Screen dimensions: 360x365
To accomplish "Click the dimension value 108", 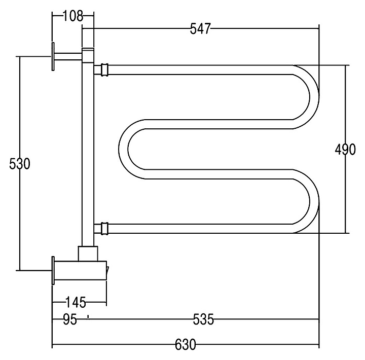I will pos(73,16).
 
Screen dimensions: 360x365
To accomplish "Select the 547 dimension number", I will pos(200,29).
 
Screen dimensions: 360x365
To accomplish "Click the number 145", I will pos(76,303).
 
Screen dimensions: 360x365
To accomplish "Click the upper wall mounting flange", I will pos(53,57).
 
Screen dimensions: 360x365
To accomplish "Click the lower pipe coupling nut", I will pos(104,229).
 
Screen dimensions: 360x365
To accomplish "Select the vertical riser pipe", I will pos(87,152).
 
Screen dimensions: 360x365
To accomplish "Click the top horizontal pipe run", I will pos(203,69).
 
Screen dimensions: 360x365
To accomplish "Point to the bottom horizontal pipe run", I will pos(203,229).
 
